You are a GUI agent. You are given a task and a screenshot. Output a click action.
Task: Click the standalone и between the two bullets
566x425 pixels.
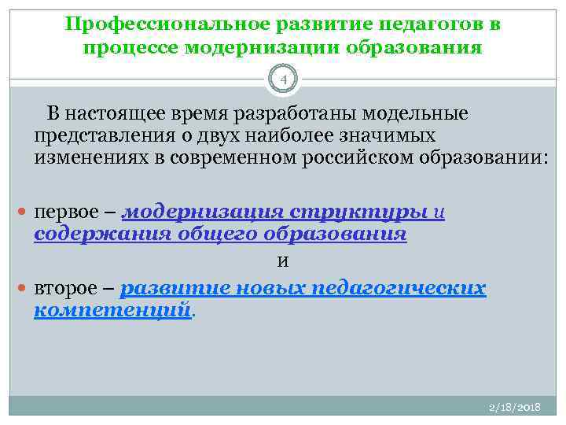(x=282, y=261)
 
